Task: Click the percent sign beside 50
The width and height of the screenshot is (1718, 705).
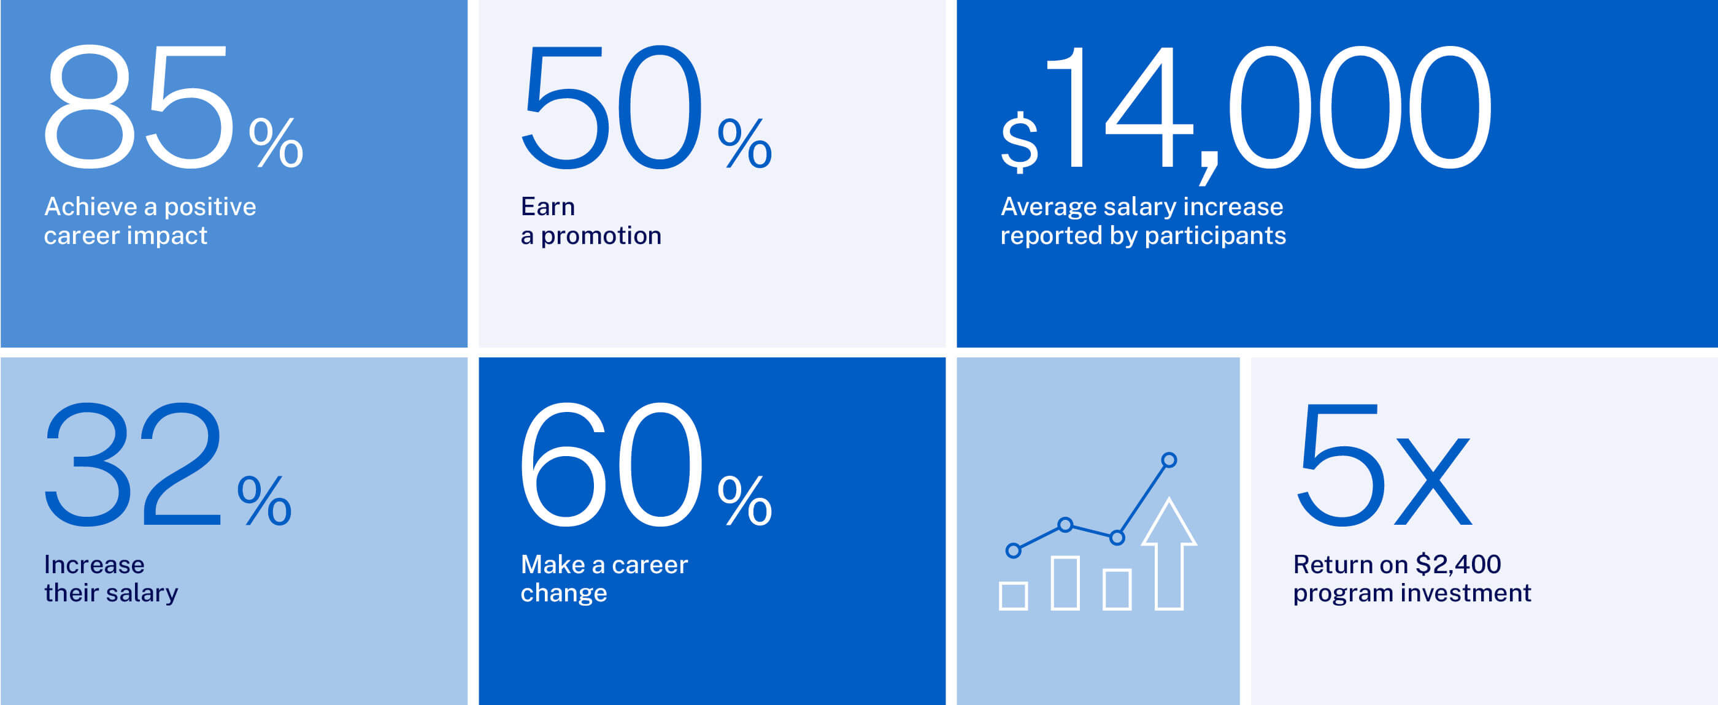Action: [x=745, y=143]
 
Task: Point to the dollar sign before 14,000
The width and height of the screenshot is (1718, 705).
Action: [x=1020, y=142]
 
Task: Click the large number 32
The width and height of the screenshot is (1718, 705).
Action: [x=133, y=465]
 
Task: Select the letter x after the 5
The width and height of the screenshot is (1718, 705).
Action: [x=1432, y=481]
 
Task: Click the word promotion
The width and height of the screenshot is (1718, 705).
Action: [x=601, y=236]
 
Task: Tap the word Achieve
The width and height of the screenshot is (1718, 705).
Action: [x=91, y=207]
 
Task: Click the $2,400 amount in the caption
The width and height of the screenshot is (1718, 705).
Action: [x=1458, y=565]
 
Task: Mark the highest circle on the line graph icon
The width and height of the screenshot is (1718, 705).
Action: [x=1168, y=460]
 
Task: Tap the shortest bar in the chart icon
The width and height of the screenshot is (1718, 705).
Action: [x=1013, y=596]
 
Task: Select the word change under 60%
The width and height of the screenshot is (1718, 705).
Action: [x=563, y=593]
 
